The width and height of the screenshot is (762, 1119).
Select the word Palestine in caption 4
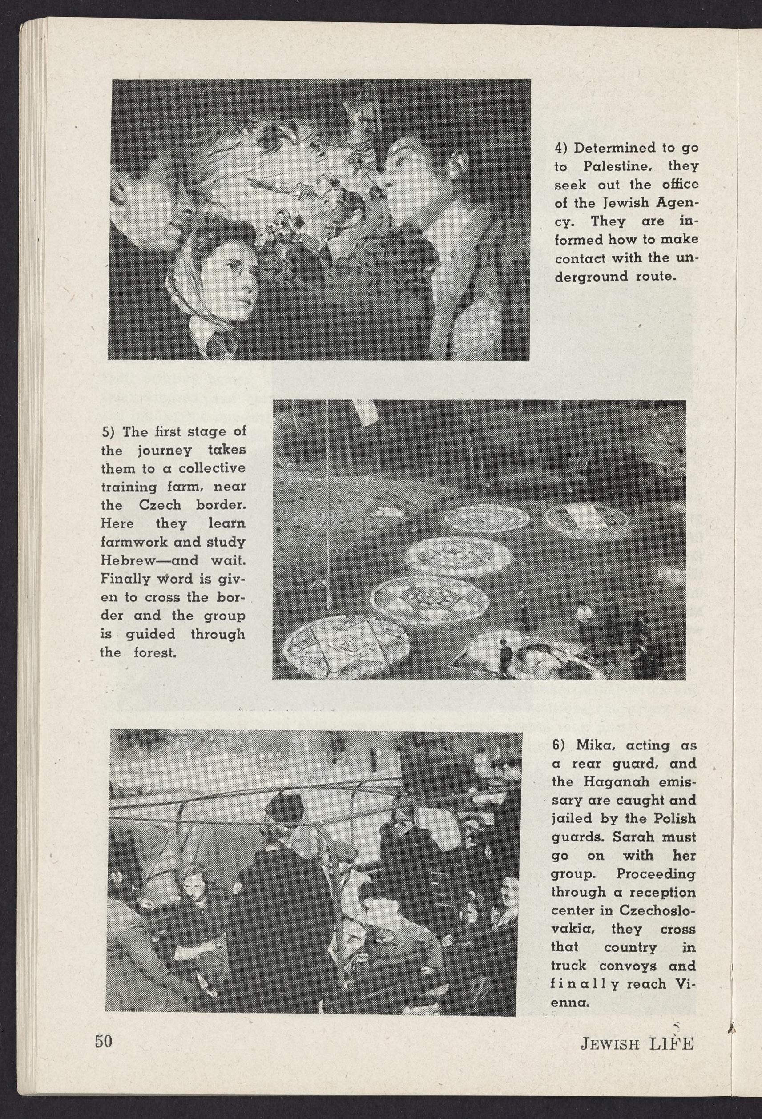617,167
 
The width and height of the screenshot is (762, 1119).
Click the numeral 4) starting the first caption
561,148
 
